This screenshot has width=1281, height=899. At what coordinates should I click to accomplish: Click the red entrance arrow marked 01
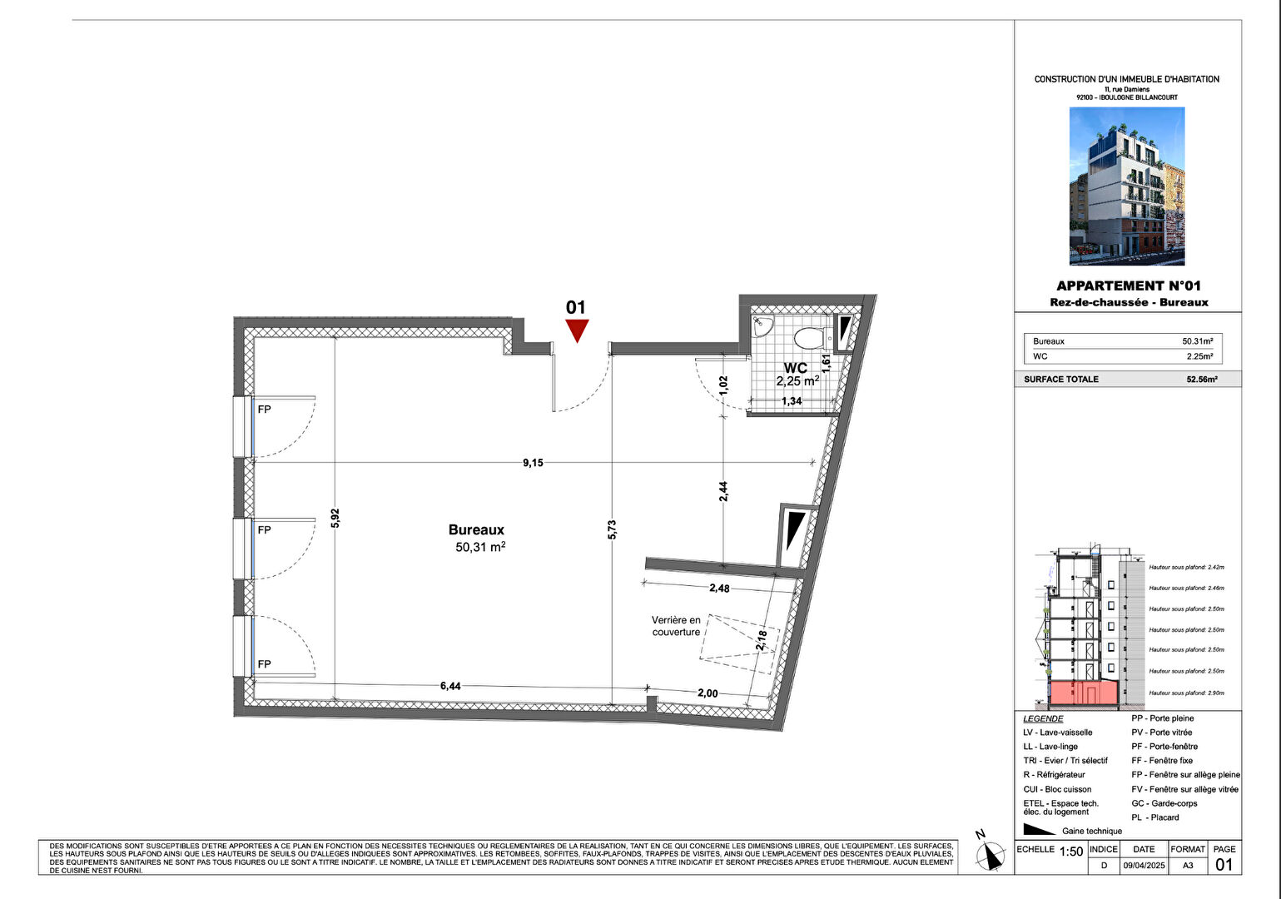click(x=577, y=330)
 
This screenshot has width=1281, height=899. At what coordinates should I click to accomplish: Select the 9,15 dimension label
click(x=533, y=463)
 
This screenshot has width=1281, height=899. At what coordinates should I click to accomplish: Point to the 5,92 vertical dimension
click(x=335, y=519)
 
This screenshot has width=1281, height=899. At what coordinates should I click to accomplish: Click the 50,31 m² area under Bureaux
click(x=480, y=547)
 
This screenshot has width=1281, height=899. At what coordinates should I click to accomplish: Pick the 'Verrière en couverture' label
click(x=676, y=626)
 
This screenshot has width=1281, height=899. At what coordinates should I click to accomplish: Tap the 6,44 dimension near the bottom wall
click(x=449, y=686)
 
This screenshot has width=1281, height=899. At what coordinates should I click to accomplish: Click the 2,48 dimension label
click(x=719, y=588)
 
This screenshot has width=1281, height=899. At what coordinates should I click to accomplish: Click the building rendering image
click(x=1126, y=186)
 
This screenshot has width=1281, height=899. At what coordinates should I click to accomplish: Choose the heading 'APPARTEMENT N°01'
click(x=1128, y=286)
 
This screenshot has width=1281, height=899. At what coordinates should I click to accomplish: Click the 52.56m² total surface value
click(x=1201, y=380)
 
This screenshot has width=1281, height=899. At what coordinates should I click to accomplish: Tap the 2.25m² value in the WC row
click(x=1199, y=356)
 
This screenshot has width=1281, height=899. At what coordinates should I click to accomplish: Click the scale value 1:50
click(x=1070, y=852)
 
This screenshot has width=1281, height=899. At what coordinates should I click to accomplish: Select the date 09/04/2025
click(x=1144, y=866)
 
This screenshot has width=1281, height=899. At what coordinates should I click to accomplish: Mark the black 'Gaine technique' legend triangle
click(x=1039, y=829)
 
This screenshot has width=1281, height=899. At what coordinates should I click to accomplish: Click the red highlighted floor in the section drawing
click(x=1082, y=693)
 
